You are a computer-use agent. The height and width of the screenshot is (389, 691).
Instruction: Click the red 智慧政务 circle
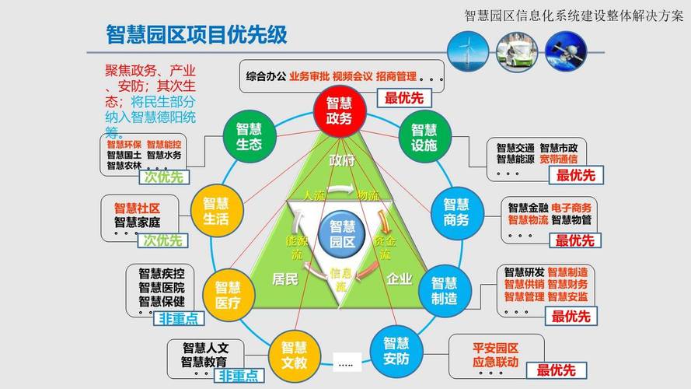pyautogui.click(x=340, y=110)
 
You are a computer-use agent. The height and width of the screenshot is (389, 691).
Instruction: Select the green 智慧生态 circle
pyautogui.click(x=250, y=137)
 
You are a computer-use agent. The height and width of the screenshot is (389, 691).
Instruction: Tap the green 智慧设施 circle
pyautogui.click(x=424, y=137)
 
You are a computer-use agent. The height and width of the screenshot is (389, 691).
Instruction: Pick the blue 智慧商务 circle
pyautogui.click(x=456, y=212)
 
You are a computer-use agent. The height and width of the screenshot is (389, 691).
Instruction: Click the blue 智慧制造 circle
pyautogui.click(x=445, y=291)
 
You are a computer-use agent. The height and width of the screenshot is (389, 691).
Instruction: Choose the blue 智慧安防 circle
pyautogui.click(x=396, y=351)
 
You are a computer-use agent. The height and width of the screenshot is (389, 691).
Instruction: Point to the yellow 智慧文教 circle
pyautogui.click(x=295, y=356)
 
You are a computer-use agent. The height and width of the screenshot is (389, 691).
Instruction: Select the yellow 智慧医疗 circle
pyautogui.click(x=229, y=295)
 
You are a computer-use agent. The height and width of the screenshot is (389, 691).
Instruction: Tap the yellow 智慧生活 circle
pyautogui.click(x=216, y=211)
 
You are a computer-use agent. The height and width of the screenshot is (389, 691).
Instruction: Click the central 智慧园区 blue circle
pyautogui.click(x=343, y=234)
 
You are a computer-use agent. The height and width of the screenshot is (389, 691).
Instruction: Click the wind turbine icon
pyautogui.click(x=468, y=51)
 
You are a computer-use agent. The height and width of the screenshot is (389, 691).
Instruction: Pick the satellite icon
pyautogui.click(x=566, y=51)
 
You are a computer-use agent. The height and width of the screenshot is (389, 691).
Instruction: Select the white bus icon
pyautogui.click(x=517, y=51)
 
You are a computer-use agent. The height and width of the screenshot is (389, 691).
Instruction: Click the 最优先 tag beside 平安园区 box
pyautogui.click(x=557, y=370)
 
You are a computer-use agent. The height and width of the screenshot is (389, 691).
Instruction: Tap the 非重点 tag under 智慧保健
pyautogui.click(x=179, y=319)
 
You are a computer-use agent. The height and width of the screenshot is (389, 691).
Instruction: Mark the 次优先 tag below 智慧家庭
pyautogui.click(x=163, y=240)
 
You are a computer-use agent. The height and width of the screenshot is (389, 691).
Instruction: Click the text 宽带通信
pyautogui.click(x=559, y=159)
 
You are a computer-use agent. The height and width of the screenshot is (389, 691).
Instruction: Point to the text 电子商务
pyautogui.click(x=571, y=208)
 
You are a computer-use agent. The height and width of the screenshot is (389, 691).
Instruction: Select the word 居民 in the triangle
pyautogui.click(x=285, y=279)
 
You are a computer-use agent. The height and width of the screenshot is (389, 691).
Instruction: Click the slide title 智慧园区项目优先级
pyautogui.click(x=197, y=34)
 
